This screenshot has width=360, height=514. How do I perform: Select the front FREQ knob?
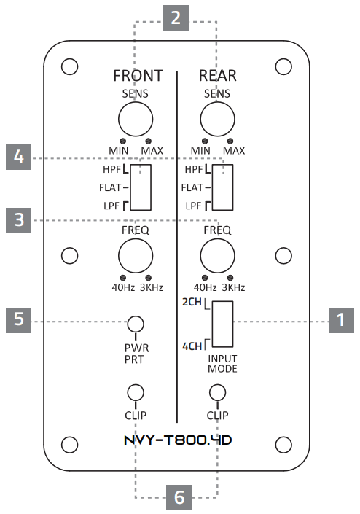click(136, 257)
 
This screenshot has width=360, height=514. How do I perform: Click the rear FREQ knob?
click(216, 257)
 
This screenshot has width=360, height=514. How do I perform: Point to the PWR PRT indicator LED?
click(136, 323)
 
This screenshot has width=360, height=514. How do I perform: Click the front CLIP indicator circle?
click(136, 393)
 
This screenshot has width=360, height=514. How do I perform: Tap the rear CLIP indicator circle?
click(216, 393)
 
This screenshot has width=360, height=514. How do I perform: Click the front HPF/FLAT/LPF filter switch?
click(142, 187)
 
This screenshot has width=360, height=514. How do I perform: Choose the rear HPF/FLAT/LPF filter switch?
click(222, 187)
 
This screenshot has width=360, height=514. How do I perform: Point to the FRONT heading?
click(137, 76)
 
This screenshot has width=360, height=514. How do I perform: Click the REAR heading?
click(217, 76)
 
